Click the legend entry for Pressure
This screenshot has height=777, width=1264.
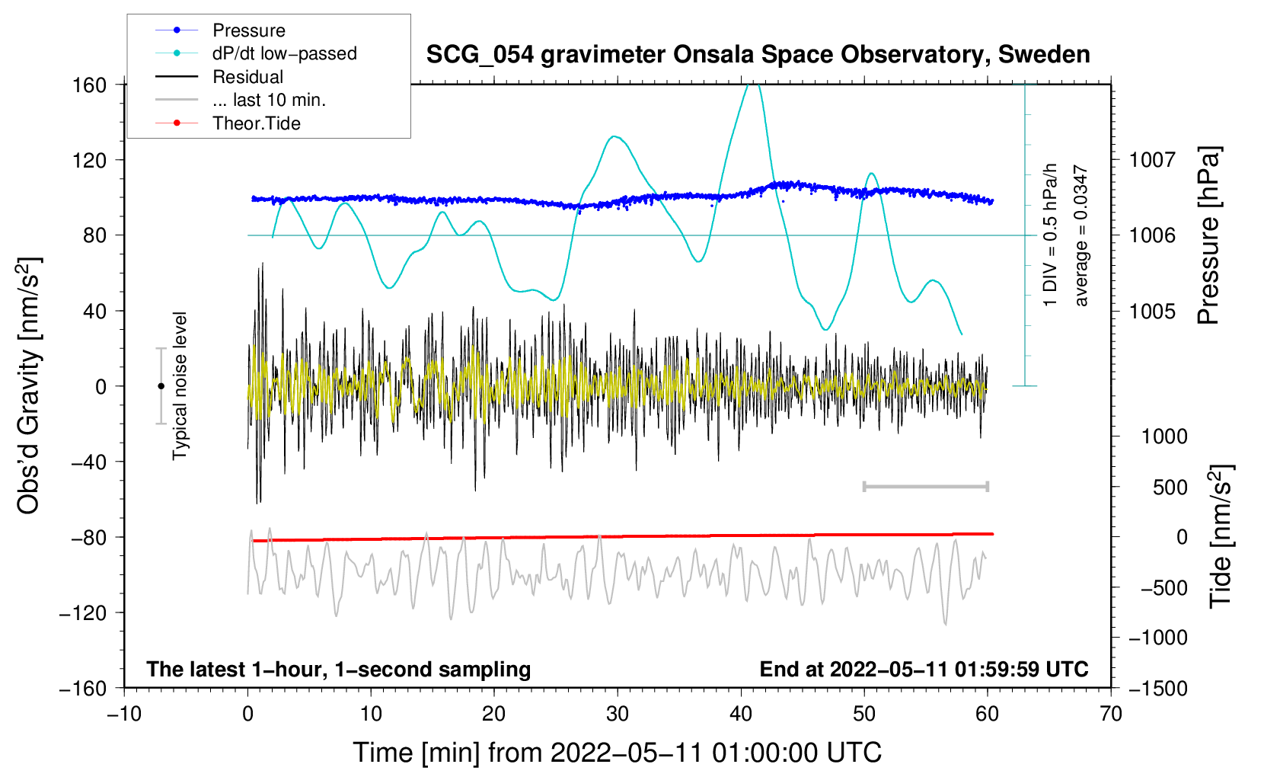coord(221,30)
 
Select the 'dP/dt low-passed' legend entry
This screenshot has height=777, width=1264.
coord(256,53)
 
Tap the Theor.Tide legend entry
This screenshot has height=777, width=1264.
coord(228,123)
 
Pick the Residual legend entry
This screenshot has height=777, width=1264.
coord(219,77)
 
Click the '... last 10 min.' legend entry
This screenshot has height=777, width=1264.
coord(241,100)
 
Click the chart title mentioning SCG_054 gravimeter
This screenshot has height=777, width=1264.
coord(758,55)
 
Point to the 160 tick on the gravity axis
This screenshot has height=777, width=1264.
coord(90,85)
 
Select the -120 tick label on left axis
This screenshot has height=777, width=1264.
coord(83,612)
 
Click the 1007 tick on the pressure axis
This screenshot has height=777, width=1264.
coord(1152,160)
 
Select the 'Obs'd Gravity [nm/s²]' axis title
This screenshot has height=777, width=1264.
coord(28,385)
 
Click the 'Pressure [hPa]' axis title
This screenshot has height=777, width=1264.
coord(1208,235)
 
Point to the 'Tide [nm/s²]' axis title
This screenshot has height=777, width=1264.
coord(1221,536)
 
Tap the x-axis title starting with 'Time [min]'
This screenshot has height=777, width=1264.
coord(618,753)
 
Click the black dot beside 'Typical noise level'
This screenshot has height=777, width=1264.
coord(161,386)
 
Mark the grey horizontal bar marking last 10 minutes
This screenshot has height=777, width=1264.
coord(925,487)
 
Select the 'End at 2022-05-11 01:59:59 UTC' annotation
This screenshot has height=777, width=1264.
coord(924,669)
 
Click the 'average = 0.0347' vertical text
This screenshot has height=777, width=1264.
coord(1080,235)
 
